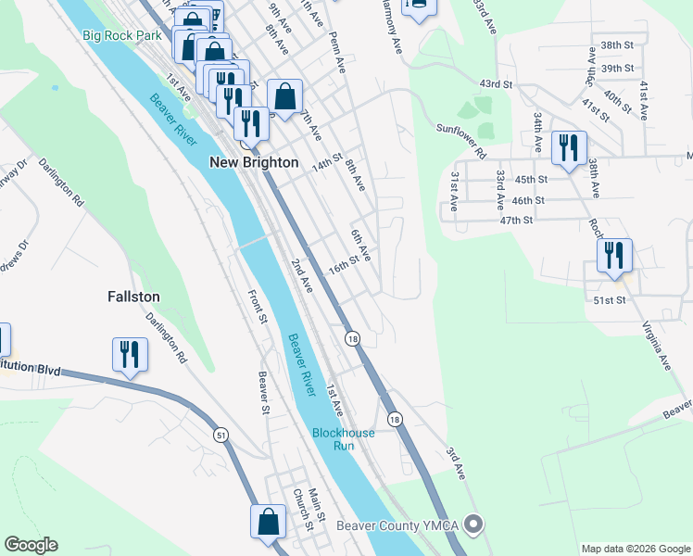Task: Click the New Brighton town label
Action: point(253,162)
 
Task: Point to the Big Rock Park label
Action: point(122,35)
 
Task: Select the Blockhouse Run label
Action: point(343,438)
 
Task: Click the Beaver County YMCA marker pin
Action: point(474,526)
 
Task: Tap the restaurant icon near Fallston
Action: point(130,355)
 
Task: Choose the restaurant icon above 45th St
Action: point(568,148)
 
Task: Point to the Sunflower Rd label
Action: point(461,140)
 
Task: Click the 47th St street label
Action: point(516,221)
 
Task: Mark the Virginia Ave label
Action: point(658,345)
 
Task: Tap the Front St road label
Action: point(257,307)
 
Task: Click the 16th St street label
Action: point(343,268)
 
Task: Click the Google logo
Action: point(31,545)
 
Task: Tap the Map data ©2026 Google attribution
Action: point(635,549)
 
